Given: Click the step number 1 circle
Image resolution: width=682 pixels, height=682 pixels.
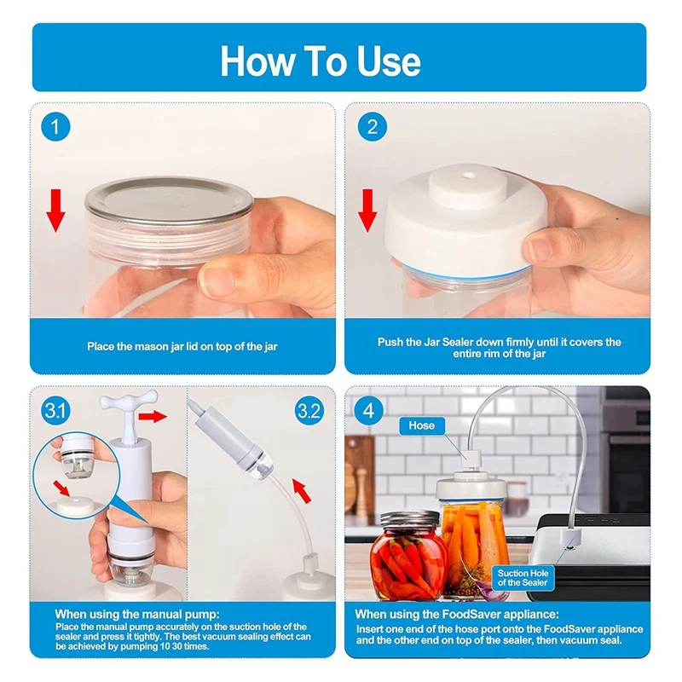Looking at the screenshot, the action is point(55,126).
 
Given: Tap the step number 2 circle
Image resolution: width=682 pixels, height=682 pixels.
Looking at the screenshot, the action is point(373,126).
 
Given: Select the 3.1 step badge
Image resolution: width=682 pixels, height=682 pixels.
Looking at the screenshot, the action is point(55,411).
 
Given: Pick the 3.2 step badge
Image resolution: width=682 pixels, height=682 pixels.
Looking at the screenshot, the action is point(309,411).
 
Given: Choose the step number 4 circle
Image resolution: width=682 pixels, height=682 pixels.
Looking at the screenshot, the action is point(368,411).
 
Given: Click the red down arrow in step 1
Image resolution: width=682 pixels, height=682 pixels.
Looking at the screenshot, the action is point(55,211).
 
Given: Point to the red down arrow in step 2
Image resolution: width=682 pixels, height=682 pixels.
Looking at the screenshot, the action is point(367,211).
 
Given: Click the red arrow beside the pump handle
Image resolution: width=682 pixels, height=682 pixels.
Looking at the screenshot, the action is point(153,416).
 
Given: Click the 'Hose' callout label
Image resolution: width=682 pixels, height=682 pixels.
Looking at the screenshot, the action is point(421,425).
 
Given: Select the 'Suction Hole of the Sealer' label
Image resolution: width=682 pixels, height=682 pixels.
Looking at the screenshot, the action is point(523,578).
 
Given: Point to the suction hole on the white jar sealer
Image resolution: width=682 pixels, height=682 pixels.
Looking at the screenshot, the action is point(468,176).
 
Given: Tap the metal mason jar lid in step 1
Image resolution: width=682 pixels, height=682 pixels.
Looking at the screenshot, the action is point(169,201).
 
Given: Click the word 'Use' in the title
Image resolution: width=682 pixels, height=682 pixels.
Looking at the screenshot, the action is point(389,61).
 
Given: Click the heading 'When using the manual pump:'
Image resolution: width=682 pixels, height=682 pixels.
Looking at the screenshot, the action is point(137,614).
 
